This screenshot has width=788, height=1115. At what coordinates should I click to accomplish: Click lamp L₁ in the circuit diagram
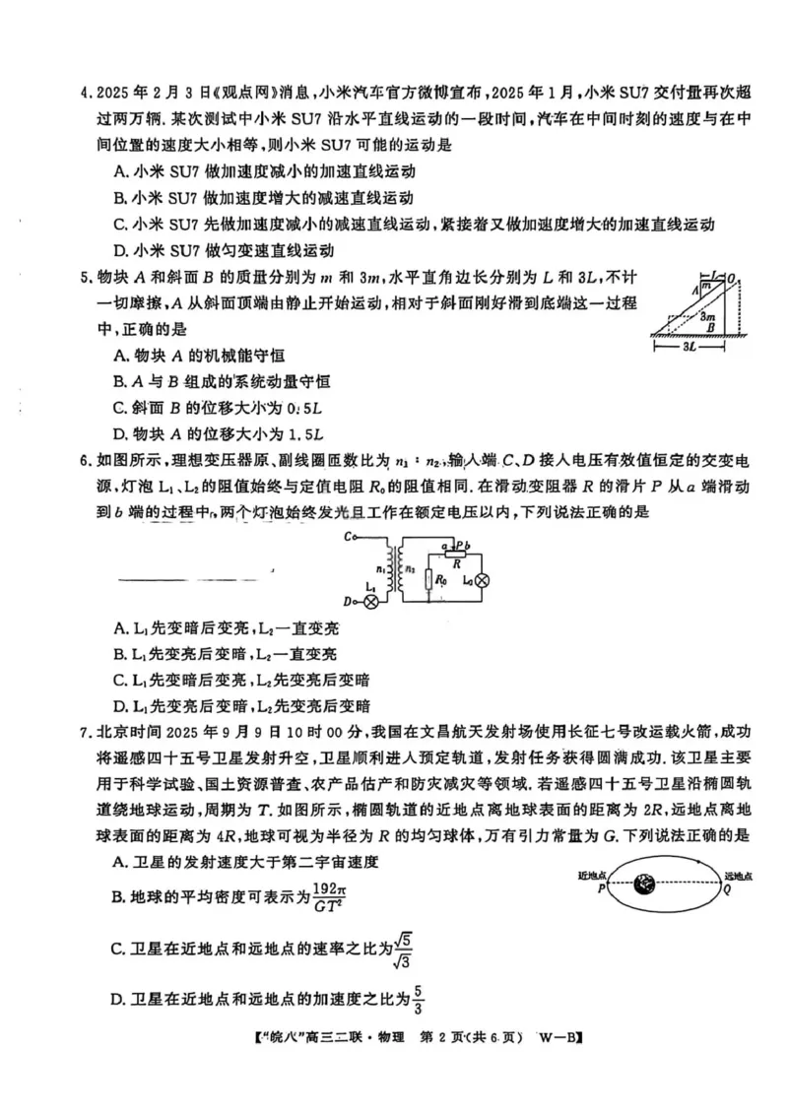pyautogui.click(x=370, y=600)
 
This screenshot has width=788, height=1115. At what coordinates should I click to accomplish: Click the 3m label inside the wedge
pyautogui.click(x=706, y=316)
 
